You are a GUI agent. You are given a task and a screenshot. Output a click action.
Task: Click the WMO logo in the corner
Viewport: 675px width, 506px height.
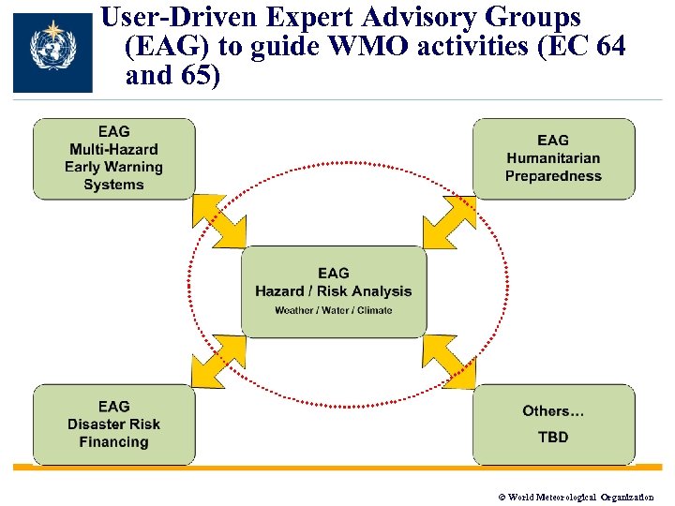52,53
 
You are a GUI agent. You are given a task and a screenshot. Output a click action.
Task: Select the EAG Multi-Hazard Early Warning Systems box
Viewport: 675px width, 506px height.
113,157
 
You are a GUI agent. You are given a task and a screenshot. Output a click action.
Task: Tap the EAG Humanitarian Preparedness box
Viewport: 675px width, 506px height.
553,157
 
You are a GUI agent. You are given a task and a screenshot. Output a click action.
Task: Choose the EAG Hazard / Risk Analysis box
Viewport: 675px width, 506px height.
334,291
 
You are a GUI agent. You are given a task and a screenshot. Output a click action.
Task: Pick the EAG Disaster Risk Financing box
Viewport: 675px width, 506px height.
113,424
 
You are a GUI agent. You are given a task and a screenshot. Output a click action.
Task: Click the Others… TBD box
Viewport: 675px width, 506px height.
553,424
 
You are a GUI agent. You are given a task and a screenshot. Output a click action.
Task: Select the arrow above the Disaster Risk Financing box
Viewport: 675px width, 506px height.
219,361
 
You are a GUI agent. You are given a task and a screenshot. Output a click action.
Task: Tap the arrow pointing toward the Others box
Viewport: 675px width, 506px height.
449,361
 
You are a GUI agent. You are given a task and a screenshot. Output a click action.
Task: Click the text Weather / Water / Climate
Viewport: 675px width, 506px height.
334,310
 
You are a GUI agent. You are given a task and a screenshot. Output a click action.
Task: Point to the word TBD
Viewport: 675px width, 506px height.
553,437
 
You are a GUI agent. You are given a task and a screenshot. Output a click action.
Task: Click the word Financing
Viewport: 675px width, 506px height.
113,442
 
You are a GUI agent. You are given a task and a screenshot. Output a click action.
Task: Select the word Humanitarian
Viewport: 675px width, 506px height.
553,158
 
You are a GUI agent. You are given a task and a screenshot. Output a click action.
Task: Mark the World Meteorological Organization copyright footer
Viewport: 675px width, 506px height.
574,497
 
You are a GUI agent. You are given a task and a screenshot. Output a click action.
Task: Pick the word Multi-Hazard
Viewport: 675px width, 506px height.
113,149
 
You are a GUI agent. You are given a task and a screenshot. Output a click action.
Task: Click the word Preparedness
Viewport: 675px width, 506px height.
553,176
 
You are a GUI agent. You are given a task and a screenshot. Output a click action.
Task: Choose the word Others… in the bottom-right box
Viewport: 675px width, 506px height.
553,410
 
